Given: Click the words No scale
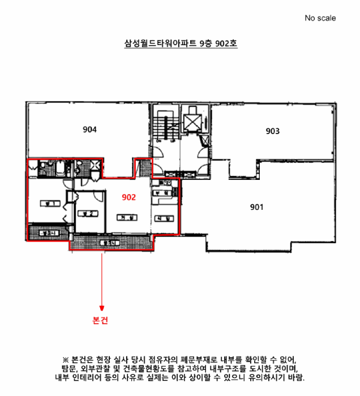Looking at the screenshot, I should [x=320, y=18].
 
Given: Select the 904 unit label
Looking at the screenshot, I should [x=89, y=130].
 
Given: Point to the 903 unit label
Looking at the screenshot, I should [x=273, y=131].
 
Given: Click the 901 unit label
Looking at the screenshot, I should [x=257, y=207].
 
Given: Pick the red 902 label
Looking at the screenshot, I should [x=129, y=197].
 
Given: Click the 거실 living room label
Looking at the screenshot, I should [x=125, y=217].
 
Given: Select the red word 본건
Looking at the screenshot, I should [x=100, y=320].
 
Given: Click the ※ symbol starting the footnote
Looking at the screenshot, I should [x=65, y=360].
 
